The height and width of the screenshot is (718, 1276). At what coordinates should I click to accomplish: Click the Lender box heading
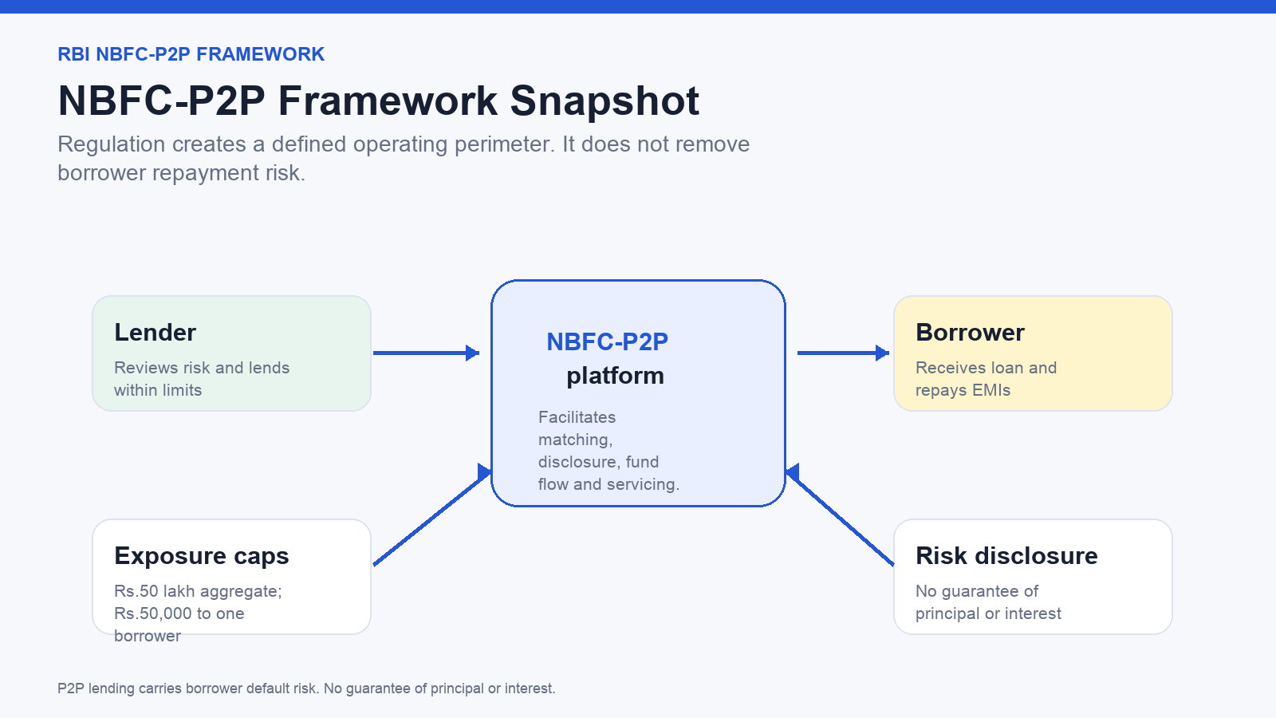[x=155, y=332]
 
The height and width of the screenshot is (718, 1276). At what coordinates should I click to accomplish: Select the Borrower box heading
[x=970, y=332]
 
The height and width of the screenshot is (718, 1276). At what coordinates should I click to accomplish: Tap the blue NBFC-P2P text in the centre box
[x=607, y=342]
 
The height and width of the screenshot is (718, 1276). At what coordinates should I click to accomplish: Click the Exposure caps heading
[x=202, y=556]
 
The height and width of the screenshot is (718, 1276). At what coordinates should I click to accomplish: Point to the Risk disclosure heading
[x=1006, y=555]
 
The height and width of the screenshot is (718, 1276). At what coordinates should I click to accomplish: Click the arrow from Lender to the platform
[x=426, y=353]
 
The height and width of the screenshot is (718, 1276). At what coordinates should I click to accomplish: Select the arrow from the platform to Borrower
[x=843, y=353]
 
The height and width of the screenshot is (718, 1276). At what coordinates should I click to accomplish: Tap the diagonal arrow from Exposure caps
[x=432, y=515]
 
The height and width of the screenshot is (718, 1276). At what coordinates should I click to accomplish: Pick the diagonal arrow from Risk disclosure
[x=840, y=515]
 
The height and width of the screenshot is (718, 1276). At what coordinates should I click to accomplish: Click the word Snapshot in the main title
[x=605, y=101]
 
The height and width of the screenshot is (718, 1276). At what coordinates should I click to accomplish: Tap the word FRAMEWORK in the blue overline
[x=260, y=54]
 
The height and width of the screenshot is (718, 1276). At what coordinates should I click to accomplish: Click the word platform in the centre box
[x=615, y=376]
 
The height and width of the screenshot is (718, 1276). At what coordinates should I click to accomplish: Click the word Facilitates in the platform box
[x=577, y=417]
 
